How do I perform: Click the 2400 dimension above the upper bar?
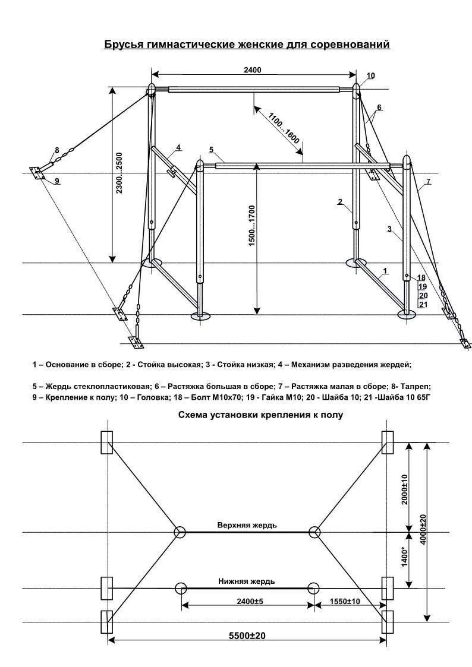(x=252, y=70)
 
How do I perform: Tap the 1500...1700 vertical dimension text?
(x=251, y=226)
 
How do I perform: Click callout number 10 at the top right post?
(x=371, y=76)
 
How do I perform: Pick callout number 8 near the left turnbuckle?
(x=57, y=150)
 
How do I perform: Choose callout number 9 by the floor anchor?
(x=57, y=181)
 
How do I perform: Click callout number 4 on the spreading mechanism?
(x=178, y=147)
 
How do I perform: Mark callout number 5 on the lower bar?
(x=211, y=148)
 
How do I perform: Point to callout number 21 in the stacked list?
(x=423, y=304)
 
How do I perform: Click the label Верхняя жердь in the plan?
(x=247, y=525)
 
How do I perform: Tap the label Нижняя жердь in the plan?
(x=247, y=581)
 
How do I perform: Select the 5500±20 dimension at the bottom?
(x=247, y=636)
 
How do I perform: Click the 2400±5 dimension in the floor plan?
(x=247, y=602)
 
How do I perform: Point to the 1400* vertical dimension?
(x=405, y=557)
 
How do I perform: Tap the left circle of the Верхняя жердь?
(x=180, y=532)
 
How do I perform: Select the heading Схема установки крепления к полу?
(x=261, y=415)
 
